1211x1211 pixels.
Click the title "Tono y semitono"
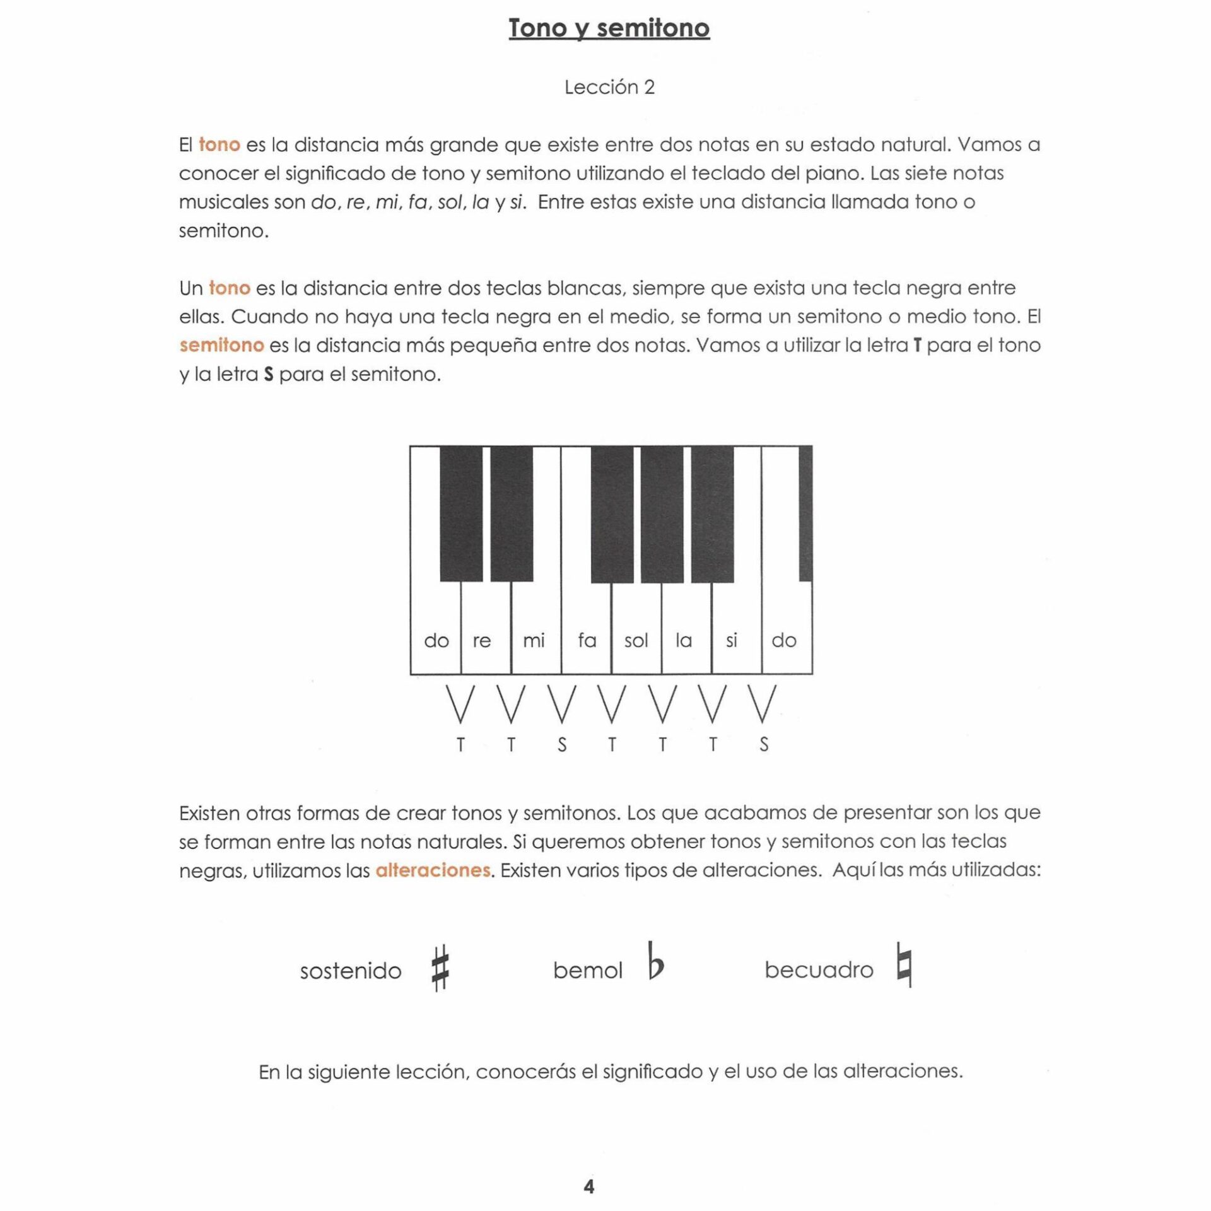609,28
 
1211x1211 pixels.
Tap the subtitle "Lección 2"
609,87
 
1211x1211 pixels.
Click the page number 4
588,1186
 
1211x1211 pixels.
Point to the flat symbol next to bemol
655,961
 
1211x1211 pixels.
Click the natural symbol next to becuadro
904,964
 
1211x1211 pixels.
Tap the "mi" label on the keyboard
534,640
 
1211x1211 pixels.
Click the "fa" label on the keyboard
587,640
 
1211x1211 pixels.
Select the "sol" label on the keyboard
636,641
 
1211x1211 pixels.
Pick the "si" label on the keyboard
731,640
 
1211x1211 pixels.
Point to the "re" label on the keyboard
482,640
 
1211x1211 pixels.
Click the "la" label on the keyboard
684,640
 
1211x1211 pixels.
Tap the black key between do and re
461,513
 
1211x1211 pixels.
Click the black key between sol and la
662,513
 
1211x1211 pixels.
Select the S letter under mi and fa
562,745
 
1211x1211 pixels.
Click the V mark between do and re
460,704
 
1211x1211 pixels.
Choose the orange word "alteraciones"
433,870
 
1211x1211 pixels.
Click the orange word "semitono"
221,345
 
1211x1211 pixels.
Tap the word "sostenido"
351,971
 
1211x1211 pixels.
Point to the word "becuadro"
819,969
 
